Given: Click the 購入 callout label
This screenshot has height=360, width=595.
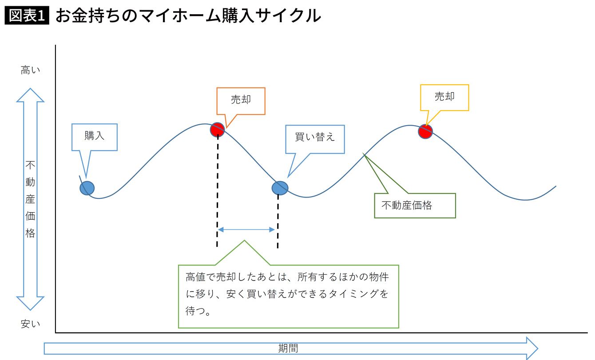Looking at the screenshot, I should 95,136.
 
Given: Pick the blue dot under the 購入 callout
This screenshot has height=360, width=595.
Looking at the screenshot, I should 87,188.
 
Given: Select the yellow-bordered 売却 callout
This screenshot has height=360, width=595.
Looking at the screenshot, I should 444,97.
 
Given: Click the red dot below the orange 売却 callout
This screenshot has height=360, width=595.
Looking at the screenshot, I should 218,129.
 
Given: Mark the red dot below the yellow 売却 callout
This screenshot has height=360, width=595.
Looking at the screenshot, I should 425,131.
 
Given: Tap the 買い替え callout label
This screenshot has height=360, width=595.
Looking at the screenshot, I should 315,137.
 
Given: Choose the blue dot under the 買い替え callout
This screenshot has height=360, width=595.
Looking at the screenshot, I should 280,188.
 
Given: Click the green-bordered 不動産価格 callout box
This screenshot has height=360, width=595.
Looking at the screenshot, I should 415,206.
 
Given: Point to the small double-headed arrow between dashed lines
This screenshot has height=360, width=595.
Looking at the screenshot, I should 246,229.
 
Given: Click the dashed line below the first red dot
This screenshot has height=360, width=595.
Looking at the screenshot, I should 217,191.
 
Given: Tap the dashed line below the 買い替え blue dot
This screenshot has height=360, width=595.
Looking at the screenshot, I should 278,222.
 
